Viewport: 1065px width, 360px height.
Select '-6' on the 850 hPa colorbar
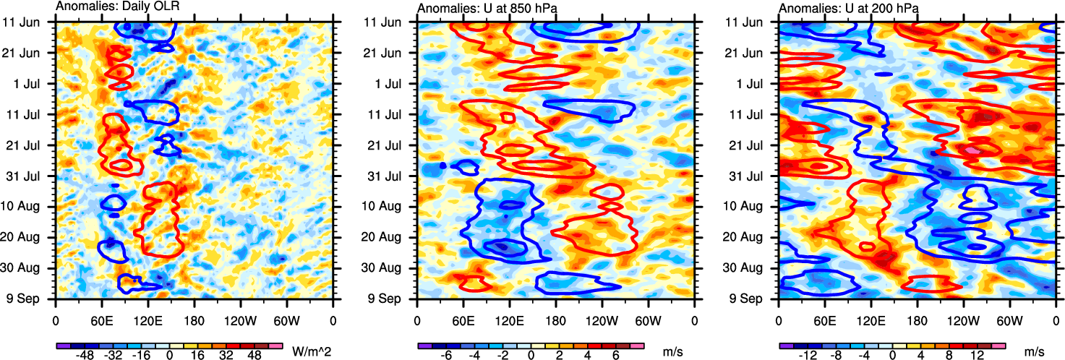point(446,356)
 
